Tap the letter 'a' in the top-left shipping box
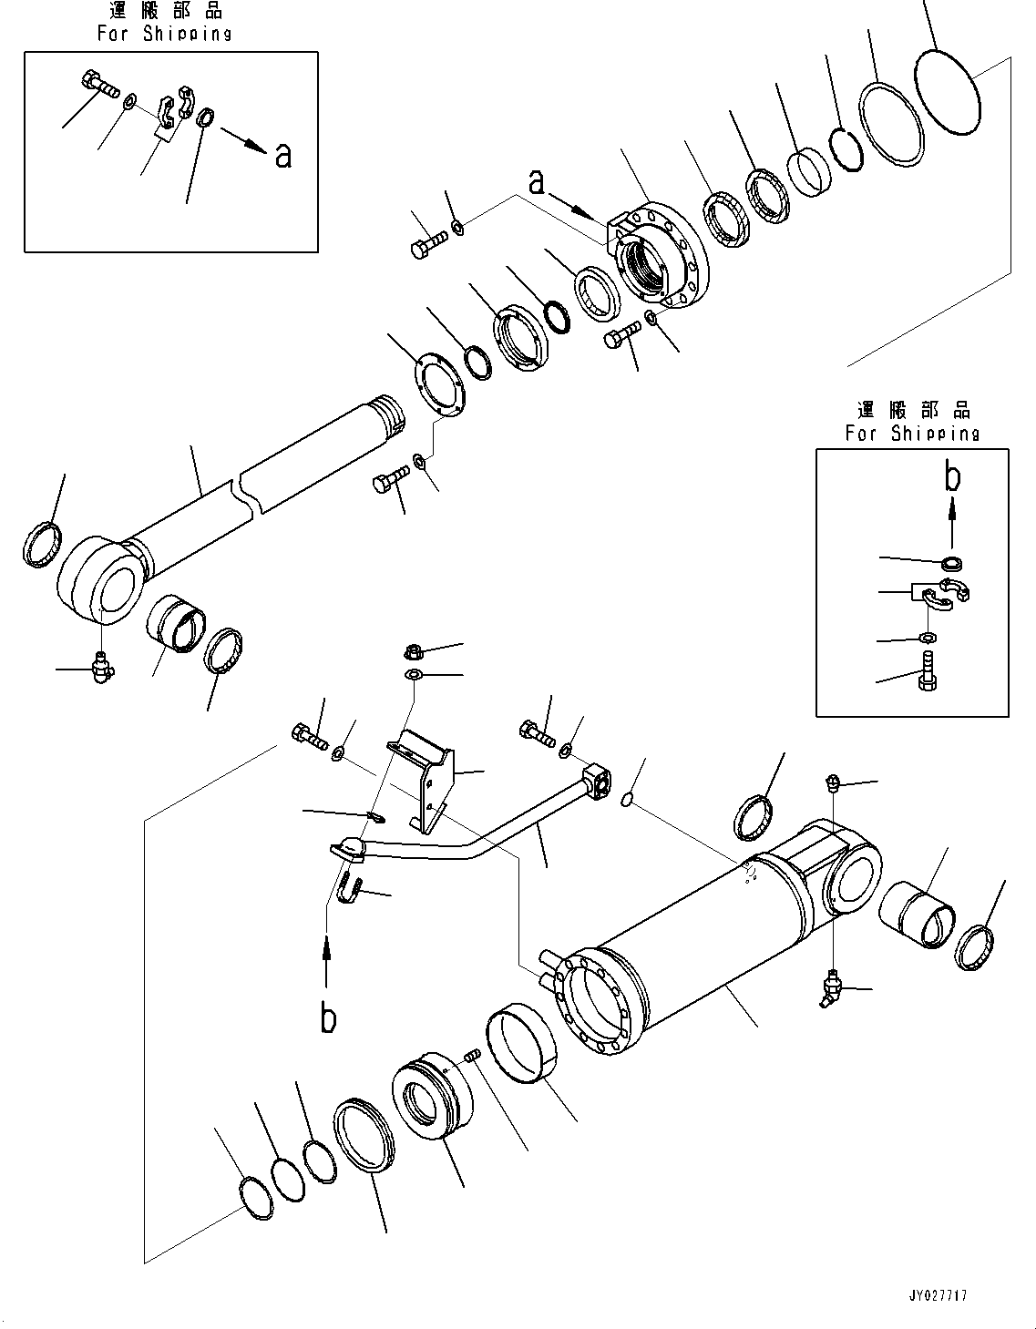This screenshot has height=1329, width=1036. point(283,155)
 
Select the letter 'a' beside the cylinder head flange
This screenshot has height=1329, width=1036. point(538,182)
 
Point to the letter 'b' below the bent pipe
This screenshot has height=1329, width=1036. point(328,1017)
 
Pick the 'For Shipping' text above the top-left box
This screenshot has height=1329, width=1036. point(165,34)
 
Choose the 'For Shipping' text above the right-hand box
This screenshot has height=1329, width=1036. point(912,434)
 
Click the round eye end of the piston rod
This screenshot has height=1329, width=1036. point(99,580)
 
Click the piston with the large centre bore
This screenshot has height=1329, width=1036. point(433,1096)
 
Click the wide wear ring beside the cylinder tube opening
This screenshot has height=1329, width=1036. point(521,1048)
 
